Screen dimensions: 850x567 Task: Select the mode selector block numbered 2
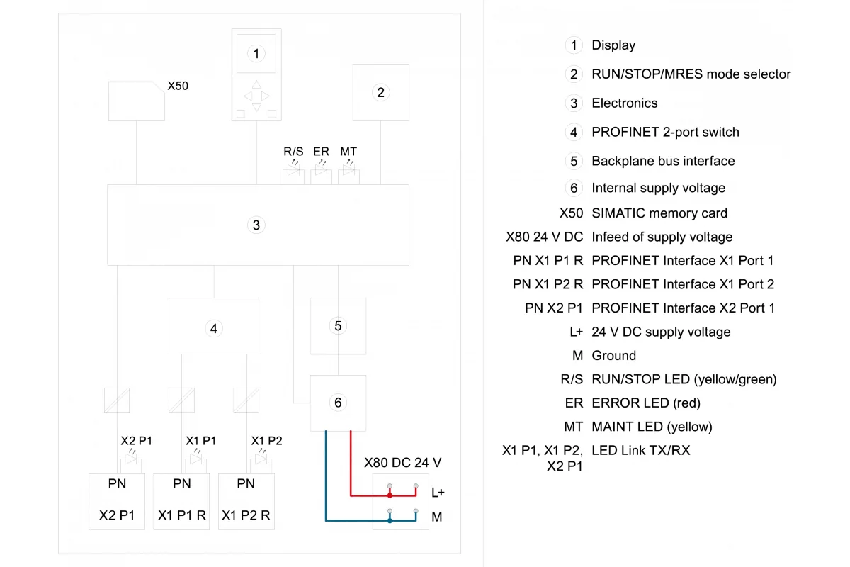380,93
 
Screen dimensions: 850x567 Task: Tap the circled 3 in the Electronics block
256,225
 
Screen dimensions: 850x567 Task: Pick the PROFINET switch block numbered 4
214,326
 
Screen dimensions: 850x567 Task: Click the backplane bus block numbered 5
338,326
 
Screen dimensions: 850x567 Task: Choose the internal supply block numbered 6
338,403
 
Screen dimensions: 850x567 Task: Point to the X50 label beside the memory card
178,86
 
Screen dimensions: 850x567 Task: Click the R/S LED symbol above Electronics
293,169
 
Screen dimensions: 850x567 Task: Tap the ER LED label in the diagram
321,152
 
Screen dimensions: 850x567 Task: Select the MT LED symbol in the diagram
348,169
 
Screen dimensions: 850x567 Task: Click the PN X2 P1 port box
117,501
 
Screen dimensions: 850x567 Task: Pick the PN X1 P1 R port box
181,501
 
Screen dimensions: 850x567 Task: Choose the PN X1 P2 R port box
246,501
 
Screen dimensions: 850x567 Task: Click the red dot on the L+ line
390,495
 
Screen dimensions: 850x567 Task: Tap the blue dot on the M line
390,520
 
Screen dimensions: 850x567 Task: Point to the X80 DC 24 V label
402,463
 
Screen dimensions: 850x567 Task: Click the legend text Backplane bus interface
663,161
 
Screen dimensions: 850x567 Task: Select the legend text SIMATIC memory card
659,213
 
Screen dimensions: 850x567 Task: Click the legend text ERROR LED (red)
646,403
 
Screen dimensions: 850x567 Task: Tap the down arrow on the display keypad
256,107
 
